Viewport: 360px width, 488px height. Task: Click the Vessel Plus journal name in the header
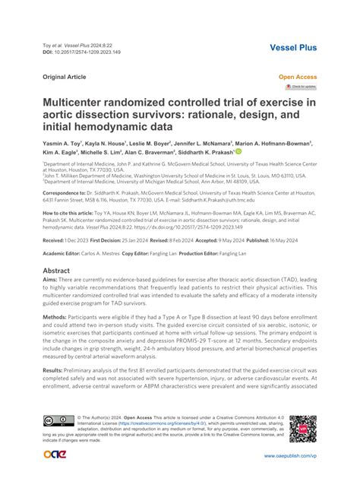(292, 47)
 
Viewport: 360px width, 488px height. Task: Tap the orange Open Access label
(298, 77)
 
